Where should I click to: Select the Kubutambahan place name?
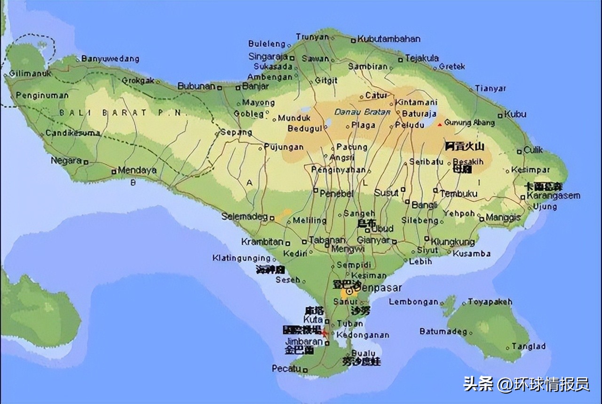[x=389, y=39]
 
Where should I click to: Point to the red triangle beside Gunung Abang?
[x=440, y=124]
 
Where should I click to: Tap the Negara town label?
[x=66, y=161]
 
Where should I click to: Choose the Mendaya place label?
[x=137, y=170]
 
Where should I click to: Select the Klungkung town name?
[x=453, y=242]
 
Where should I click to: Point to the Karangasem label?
[x=553, y=195]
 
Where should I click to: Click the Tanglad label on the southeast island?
[x=529, y=347]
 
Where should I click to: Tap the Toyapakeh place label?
[x=490, y=302]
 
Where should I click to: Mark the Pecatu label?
[x=286, y=369]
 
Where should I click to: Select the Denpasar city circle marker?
[x=349, y=292]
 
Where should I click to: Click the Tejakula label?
[x=422, y=58]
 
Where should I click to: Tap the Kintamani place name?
[x=416, y=102]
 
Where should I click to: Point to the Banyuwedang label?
[x=110, y=59]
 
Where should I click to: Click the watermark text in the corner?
[x=526, y=384]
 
